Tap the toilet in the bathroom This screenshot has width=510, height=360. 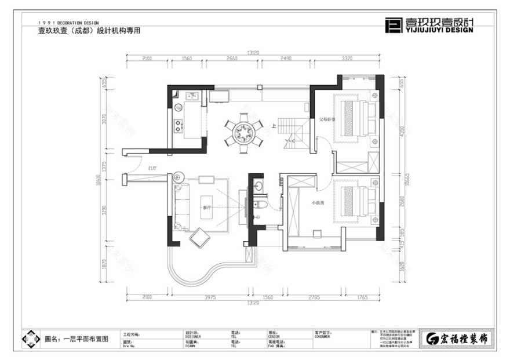pos(262,206)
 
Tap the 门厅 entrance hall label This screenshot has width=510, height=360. pos(153,169)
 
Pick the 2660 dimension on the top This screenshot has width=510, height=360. pos(232,59)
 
